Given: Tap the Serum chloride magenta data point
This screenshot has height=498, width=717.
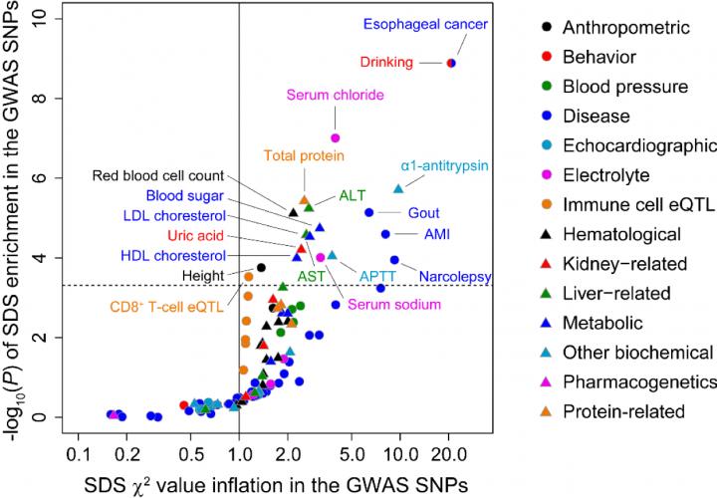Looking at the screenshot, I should [x=336, y=137].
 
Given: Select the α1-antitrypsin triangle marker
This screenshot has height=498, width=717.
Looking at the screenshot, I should [x=398, y=188].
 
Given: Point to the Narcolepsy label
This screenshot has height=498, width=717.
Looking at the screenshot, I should [x=452, y=276].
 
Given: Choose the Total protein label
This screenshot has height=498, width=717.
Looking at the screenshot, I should [x=305, y=155].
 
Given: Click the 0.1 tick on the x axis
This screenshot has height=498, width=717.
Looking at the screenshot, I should [x=75, y=453].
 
